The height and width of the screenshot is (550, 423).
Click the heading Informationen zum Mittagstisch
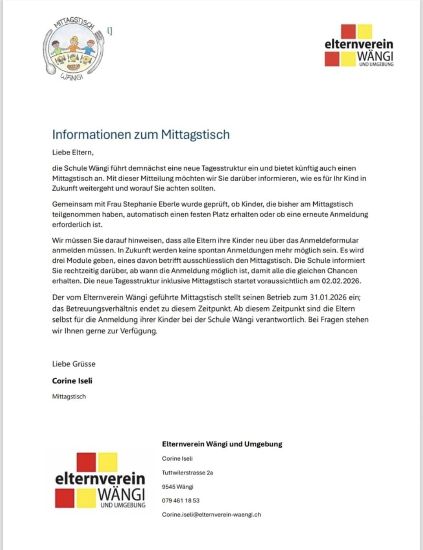tap(141, 134)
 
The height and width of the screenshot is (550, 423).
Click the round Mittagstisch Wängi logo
tap(74, 49)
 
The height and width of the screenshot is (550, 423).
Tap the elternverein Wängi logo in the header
tap(359, 46)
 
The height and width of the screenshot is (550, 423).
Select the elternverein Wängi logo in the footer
tap(100, 480)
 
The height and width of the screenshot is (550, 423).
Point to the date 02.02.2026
tap(341, 281)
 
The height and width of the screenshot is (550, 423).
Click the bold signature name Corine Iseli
tap(72, 380)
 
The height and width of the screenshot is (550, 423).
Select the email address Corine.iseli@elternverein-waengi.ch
tap(211, 514)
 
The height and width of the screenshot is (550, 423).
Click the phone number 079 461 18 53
tap(181, 500)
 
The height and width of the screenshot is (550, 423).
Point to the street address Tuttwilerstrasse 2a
tap(187, 472)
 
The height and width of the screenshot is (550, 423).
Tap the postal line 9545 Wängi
tap(177, 487)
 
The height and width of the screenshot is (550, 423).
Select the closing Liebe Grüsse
tap(74, 364)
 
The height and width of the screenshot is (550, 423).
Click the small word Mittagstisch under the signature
tap(69, 396)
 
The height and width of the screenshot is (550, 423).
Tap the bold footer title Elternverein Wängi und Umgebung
tap(222, 444)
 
